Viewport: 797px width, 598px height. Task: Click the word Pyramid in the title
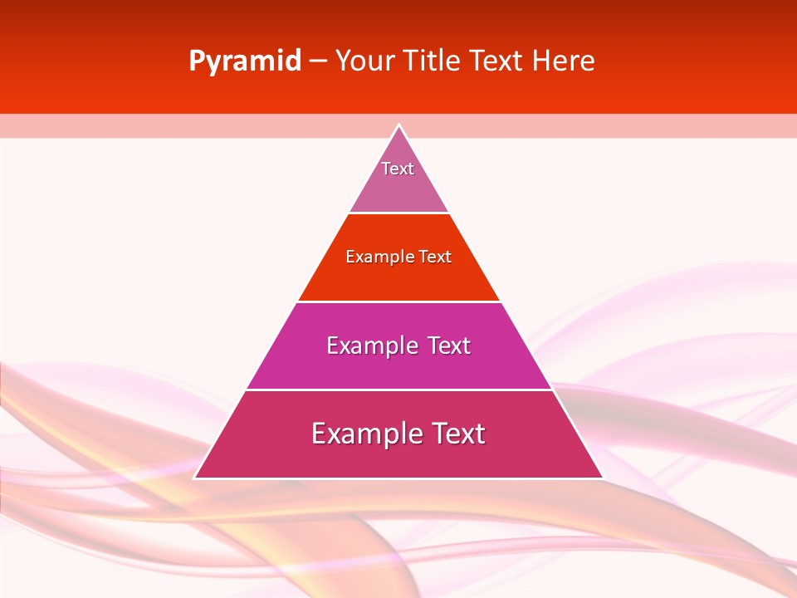(x=244, y=61)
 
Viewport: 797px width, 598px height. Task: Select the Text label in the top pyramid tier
(x=398, y=169)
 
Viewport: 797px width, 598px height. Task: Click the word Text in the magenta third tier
(x=449, y=346)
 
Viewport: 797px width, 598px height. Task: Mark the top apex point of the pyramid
(x=398, y=125)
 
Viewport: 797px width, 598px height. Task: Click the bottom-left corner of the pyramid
(x=194, y=478)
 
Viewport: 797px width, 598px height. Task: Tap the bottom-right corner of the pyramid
(x=603, y=478)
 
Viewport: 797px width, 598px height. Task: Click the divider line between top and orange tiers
(x=398, y=213)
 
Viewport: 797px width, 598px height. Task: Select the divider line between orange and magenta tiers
(x=398, y=301)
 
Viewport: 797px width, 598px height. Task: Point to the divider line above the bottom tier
(x=398, y=390)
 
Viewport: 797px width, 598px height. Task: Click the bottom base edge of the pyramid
(x=398, y=478)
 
